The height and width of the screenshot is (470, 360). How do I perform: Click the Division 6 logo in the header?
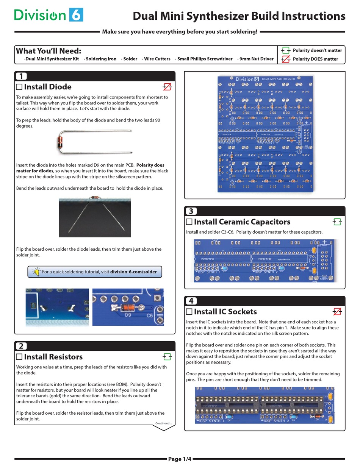click(49, 15)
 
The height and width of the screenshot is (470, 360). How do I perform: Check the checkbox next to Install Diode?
click(19, 87)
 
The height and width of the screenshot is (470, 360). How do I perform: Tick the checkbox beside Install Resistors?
click(19, 356)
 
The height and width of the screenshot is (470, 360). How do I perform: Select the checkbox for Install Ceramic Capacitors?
click(189, 222)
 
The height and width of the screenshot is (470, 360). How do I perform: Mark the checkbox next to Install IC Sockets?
click(189, 311)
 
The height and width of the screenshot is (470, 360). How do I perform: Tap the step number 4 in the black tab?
click(191, 301)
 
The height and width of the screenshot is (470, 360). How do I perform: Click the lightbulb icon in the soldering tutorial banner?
click(36, 272)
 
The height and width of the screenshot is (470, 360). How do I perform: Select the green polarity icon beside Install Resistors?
click(167, 356)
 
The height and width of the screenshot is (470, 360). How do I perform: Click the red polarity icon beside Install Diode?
click(167, 87)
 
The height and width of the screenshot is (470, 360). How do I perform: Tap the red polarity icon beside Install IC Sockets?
click(337, 311)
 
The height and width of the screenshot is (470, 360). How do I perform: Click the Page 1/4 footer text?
click(180, 459)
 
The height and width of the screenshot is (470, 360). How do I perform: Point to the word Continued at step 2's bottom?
click(163, 423)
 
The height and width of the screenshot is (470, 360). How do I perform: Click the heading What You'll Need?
click(48, 51)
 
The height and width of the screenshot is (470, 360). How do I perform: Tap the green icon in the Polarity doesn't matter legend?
click(285, 50)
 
